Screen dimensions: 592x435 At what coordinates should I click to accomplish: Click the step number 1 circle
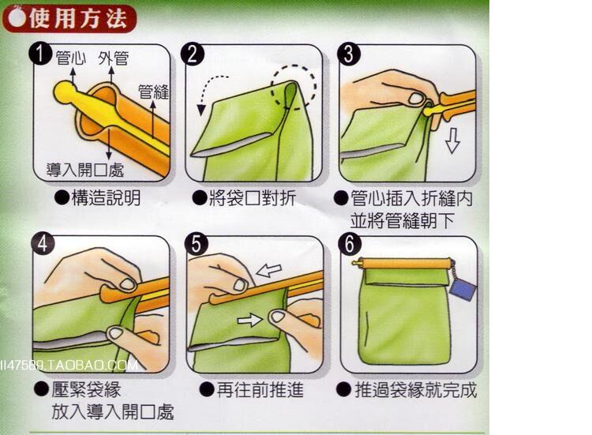coord(40,54)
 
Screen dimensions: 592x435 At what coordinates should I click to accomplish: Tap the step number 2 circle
coord(193,54)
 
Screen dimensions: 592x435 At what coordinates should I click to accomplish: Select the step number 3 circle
coord(348,54)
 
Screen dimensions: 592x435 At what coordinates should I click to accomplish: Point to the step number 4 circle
coord(43,244)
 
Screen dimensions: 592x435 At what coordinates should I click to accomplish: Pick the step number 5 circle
coord(197,244)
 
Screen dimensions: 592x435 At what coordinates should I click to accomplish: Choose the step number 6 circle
coord(350,244)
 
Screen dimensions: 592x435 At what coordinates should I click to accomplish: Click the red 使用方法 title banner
coord(69,18)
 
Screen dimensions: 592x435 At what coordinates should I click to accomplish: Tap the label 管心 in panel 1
coord(71,58)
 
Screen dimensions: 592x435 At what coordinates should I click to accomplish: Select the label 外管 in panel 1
coord(113,58)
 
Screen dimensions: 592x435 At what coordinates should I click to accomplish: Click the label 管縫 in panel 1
coord(153,92)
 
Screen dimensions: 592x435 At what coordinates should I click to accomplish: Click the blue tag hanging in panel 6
coord(463,290)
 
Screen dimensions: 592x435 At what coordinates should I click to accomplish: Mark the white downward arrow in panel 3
coord(452,141)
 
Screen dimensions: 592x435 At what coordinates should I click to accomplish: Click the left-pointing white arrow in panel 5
coord(268,270)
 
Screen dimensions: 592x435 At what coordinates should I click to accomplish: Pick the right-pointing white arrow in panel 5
coord(249,321)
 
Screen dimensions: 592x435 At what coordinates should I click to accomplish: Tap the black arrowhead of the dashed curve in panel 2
coord(201,111)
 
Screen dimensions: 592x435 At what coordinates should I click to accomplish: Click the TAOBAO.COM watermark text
coord(69,366)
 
